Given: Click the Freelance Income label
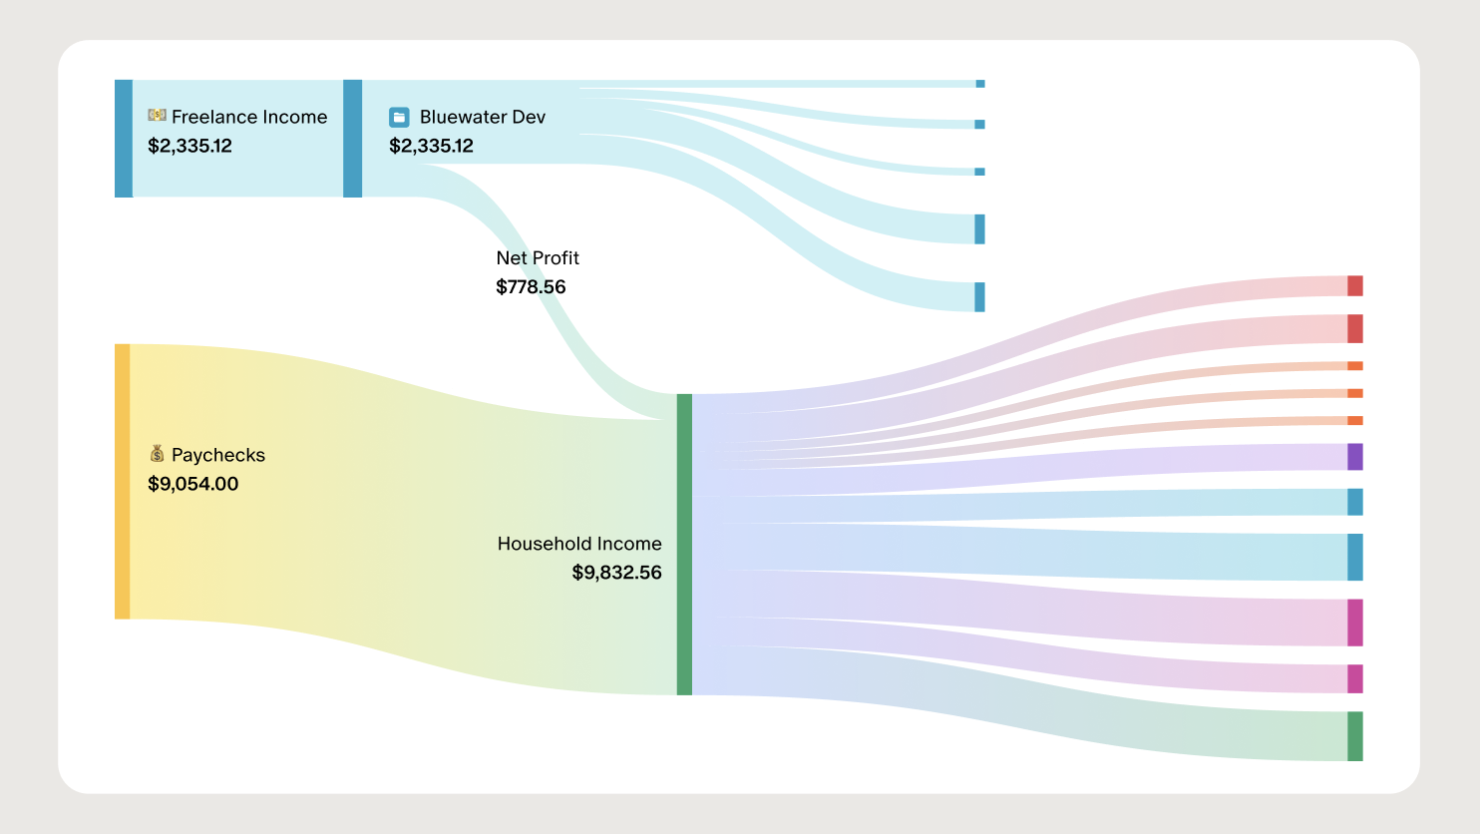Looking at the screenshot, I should [249, 117].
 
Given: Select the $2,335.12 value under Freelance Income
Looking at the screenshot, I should [189, 146].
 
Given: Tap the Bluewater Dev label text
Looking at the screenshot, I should [483, 117].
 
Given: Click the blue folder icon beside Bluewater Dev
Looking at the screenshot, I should [399, 117].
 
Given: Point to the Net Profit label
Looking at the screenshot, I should [538, 257].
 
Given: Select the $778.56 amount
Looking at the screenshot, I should [531, 286].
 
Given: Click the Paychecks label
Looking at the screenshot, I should [218, 455].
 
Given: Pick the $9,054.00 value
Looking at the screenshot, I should [192, 484].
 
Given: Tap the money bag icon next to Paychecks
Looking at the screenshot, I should [157, 454].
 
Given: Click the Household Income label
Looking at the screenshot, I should [579, 544].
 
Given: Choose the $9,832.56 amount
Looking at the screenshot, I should [616, 573].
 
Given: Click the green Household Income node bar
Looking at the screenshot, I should [684, 544].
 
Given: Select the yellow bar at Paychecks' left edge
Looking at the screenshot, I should [122, 481].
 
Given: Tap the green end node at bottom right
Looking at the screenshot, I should [1354, 736].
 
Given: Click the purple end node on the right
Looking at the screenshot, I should [1354, 457].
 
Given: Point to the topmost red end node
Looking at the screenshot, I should [1354, 286].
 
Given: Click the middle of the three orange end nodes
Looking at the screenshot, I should [1354, 393].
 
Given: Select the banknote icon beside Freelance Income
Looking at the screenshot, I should [157, 116].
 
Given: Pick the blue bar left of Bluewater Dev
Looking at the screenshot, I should [352, 139].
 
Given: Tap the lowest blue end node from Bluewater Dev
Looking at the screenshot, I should [979, 297].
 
